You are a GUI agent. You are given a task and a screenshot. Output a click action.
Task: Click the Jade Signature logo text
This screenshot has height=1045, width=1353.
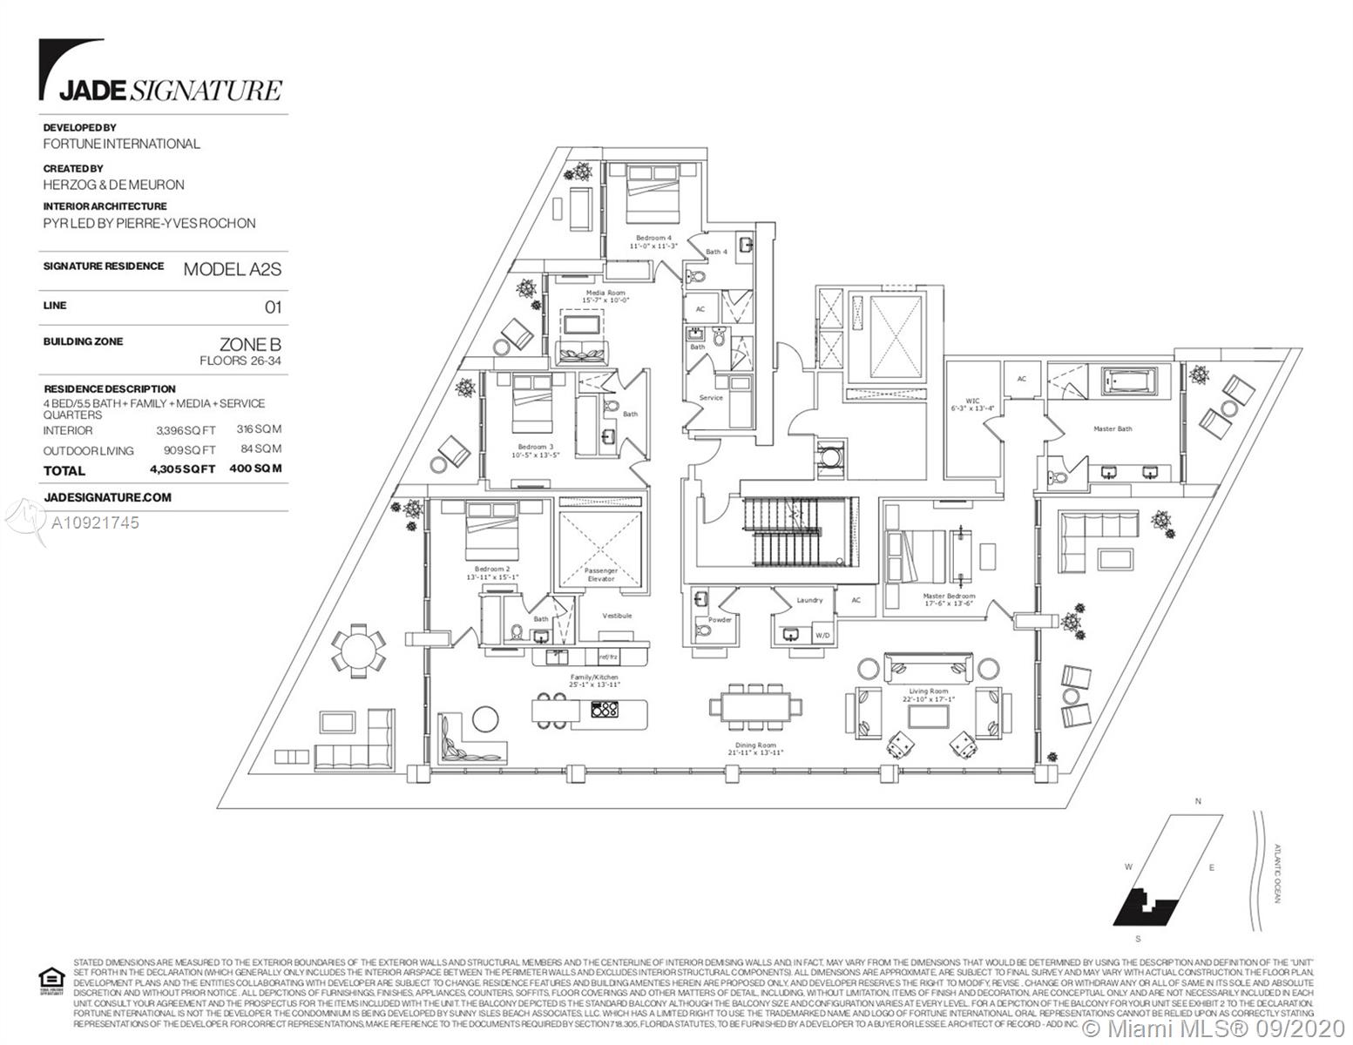(170, 90)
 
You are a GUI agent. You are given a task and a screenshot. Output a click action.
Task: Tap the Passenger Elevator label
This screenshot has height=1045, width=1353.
(600, 575)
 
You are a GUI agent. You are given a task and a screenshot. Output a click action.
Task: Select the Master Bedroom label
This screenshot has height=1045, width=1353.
(949, 600)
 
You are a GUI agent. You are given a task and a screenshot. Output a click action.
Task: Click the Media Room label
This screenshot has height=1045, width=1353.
(605, 296)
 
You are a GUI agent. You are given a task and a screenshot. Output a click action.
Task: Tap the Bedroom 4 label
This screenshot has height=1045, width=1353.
(653, 241)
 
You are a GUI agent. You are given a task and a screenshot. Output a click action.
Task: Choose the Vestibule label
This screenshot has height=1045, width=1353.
(617, 616)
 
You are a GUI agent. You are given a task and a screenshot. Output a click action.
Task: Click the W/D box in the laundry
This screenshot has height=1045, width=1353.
(822, 636)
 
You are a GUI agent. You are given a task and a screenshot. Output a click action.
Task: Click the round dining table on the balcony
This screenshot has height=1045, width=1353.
(355, 650)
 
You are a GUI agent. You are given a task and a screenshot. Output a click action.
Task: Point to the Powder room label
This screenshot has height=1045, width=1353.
(720, 620)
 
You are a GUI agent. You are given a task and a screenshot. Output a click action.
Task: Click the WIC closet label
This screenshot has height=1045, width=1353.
(972, 404)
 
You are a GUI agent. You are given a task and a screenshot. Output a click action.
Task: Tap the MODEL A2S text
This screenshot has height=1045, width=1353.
(232, 269)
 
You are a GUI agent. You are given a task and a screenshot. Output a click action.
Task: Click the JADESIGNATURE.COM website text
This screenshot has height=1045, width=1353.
(107, 497)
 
